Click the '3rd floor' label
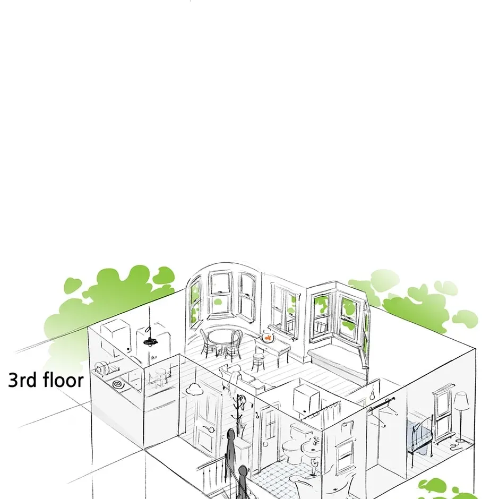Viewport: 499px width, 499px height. [x=46, y=380]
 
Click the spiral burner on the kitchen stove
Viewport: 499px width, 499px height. [x=118, y=384]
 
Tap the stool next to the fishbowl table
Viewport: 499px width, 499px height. [x=258, y=362]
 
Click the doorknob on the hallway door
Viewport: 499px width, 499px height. [x=211, y=429]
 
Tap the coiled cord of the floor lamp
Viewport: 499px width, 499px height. [x=457, y=444]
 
